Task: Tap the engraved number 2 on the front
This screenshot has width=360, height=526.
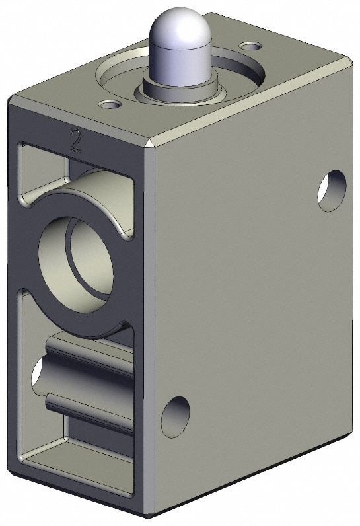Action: [76, 141]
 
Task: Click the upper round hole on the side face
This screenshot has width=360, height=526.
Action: [331, 191]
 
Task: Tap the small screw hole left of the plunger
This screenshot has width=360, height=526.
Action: [108, 104]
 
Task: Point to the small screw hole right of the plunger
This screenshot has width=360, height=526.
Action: [250, 46]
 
